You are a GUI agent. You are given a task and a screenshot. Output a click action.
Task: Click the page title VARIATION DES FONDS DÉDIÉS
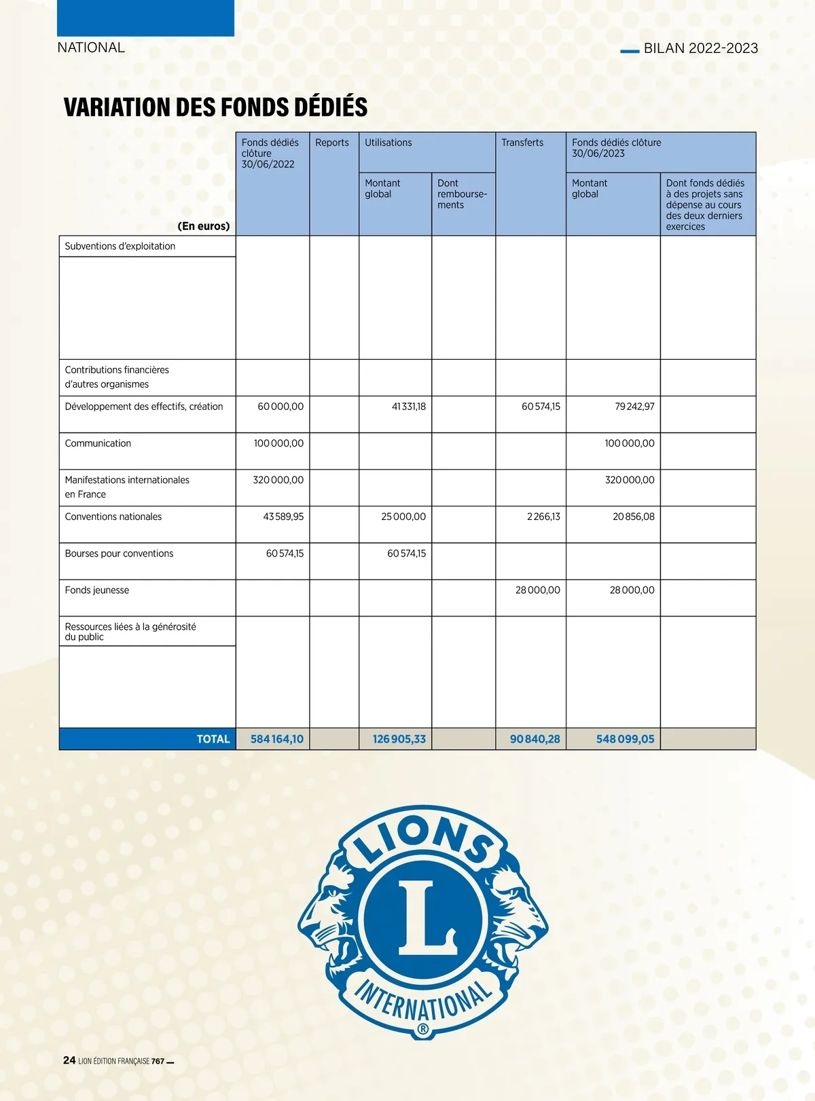click(x=215, y=107)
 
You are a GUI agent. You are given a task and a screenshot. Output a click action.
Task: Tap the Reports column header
click(x=331, y=143)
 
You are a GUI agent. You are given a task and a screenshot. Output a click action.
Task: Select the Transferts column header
click(x=522, y=143)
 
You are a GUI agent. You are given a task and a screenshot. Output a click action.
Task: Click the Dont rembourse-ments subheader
click(x=462, y=194)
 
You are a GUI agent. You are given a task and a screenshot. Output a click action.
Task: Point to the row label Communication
click(x=98, y=443)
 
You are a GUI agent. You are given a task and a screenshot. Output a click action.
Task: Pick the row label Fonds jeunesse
click(x=96, y=590)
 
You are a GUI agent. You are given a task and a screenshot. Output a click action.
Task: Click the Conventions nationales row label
click(x=113, y=517)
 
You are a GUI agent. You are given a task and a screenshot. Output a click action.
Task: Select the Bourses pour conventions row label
click(x=119, y=553)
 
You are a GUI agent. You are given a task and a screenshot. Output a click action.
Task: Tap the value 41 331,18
click(x=409, y=407)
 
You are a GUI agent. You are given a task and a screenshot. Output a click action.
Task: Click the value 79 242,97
click(x=634, y=407)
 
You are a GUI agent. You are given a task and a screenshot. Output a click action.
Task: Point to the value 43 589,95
click(x=283, y=517)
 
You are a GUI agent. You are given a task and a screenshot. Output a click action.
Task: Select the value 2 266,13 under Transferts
click(x=543, y=517)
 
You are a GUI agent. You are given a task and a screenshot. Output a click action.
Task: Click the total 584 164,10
click(x=277, y=739)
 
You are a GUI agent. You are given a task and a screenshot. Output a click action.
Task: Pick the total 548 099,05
click(x=625, y=739)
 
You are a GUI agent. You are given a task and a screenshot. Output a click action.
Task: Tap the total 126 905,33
click(x=399, y=739)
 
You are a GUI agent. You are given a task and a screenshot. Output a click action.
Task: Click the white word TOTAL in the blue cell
click(x=213, y=739)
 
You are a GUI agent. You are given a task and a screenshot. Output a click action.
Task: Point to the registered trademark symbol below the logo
click(x=422, y=1030)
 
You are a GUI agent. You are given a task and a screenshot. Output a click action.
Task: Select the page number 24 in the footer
click(x=69, y=1060)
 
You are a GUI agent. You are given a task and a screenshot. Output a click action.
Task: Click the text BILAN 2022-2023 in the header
click(x=700, y=48)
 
